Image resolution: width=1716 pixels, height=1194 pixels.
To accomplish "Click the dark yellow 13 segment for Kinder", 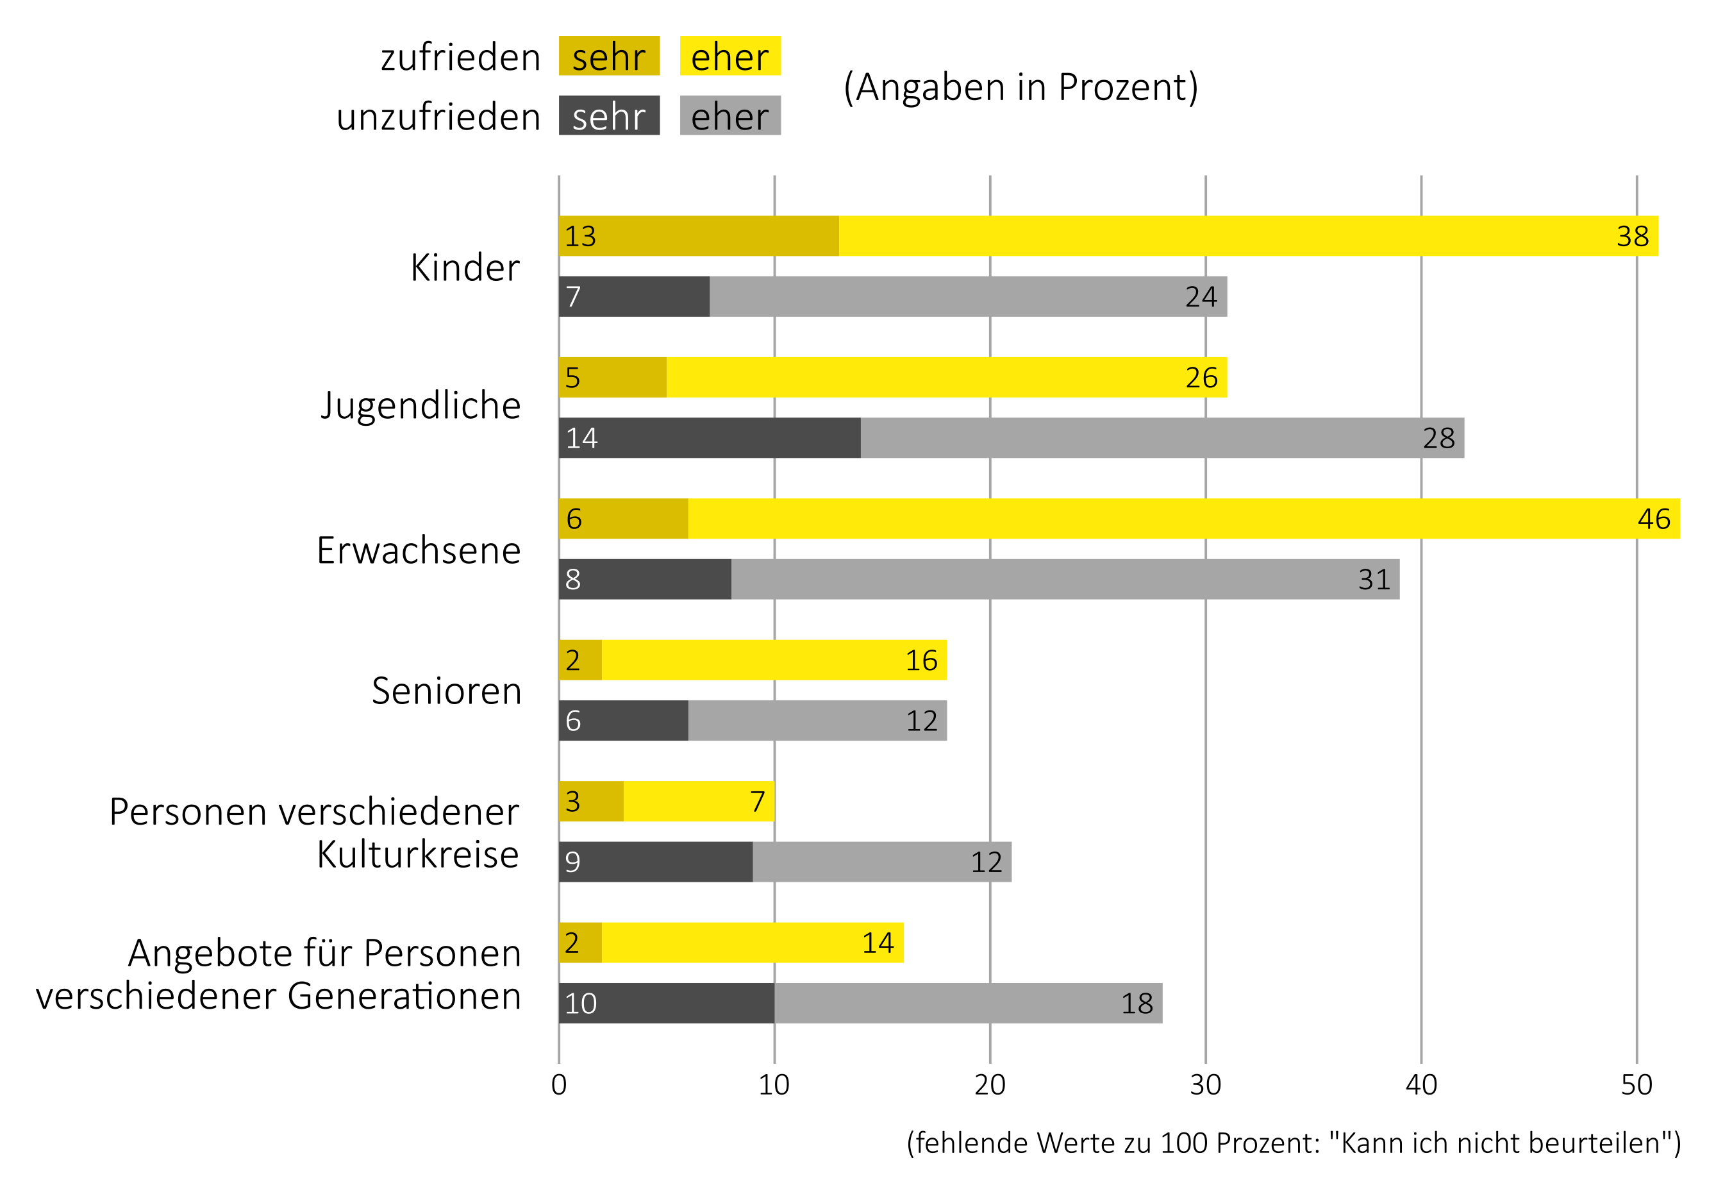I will [699, 236].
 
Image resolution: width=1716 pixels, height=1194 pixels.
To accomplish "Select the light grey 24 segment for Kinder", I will [968, 297].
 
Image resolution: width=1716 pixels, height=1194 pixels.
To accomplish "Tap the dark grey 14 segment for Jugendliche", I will [710, 438].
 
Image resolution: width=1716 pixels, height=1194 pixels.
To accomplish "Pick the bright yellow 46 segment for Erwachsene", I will [1184, 519].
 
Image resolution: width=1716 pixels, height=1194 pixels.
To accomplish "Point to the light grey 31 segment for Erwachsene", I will [1065, 580].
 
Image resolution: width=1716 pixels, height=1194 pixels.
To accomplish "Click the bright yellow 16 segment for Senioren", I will [774, 660].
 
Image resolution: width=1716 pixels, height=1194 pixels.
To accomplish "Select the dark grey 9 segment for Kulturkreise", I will [656, 862].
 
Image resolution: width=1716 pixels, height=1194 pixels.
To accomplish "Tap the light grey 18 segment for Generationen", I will [968, 1004].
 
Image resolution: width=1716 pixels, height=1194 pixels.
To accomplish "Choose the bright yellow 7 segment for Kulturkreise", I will [699, 802].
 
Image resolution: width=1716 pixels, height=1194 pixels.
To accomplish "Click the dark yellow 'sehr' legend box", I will [609, 56].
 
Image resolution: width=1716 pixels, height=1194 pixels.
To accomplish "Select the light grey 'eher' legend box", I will [730, 116].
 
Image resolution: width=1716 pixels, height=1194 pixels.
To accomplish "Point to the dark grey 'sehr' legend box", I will [609, 116].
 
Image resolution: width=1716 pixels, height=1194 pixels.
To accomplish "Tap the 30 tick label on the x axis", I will [1206, 1085].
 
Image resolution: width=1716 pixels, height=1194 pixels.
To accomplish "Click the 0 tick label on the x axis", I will [559, 1085].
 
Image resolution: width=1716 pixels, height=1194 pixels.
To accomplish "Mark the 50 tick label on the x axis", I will [1636, 1085].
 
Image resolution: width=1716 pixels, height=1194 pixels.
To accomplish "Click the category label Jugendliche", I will [421, 407].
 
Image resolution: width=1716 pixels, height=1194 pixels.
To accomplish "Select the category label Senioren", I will [446, 691].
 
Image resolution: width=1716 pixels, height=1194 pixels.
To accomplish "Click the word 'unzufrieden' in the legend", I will [438, 117].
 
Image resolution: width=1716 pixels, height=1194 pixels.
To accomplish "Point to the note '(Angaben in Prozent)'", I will [1021, 87].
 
